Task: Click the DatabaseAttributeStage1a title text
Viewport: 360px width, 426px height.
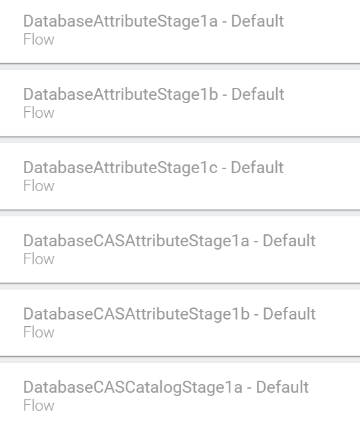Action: [x=120, y=21]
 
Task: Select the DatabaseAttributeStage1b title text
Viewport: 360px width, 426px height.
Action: [x=120, y=95]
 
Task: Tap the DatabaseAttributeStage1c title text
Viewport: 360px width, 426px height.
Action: [x=120, y=168]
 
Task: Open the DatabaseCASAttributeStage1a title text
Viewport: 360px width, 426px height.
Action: [x=136, y=241]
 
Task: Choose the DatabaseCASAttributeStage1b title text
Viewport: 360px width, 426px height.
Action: [x=136, y=314]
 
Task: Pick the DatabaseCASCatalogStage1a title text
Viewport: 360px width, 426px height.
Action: [x=132, y=387]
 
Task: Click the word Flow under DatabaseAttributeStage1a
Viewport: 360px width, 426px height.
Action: [x=39, y=39]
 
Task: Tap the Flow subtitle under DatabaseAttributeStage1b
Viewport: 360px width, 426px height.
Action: [x=39, y=112]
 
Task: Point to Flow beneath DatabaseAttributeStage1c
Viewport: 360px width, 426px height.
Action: [x=39, y=186]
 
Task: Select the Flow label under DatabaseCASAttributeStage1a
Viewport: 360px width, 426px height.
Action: [x=39, y=259]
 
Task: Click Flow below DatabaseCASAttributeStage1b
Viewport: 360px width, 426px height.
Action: [x=39, y=332]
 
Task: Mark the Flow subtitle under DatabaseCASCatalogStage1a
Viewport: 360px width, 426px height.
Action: [x=39, y=405]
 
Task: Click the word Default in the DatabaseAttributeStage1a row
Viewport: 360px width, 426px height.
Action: [x=258, y=21]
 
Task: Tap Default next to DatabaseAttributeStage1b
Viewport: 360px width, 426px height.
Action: [x=258, y=95]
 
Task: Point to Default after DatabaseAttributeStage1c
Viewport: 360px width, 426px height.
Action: [x=258, y=167]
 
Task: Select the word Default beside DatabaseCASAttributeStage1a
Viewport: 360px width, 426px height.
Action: [x=289, y=240]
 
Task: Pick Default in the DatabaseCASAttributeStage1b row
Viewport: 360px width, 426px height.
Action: [x=289, y=314]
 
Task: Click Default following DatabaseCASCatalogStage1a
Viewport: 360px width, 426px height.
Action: [x=282, y=387]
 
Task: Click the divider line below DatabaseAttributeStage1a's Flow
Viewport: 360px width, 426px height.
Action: [x=180, y=64]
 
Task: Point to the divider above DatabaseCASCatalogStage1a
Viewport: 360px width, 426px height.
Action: [x=180, y=357]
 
